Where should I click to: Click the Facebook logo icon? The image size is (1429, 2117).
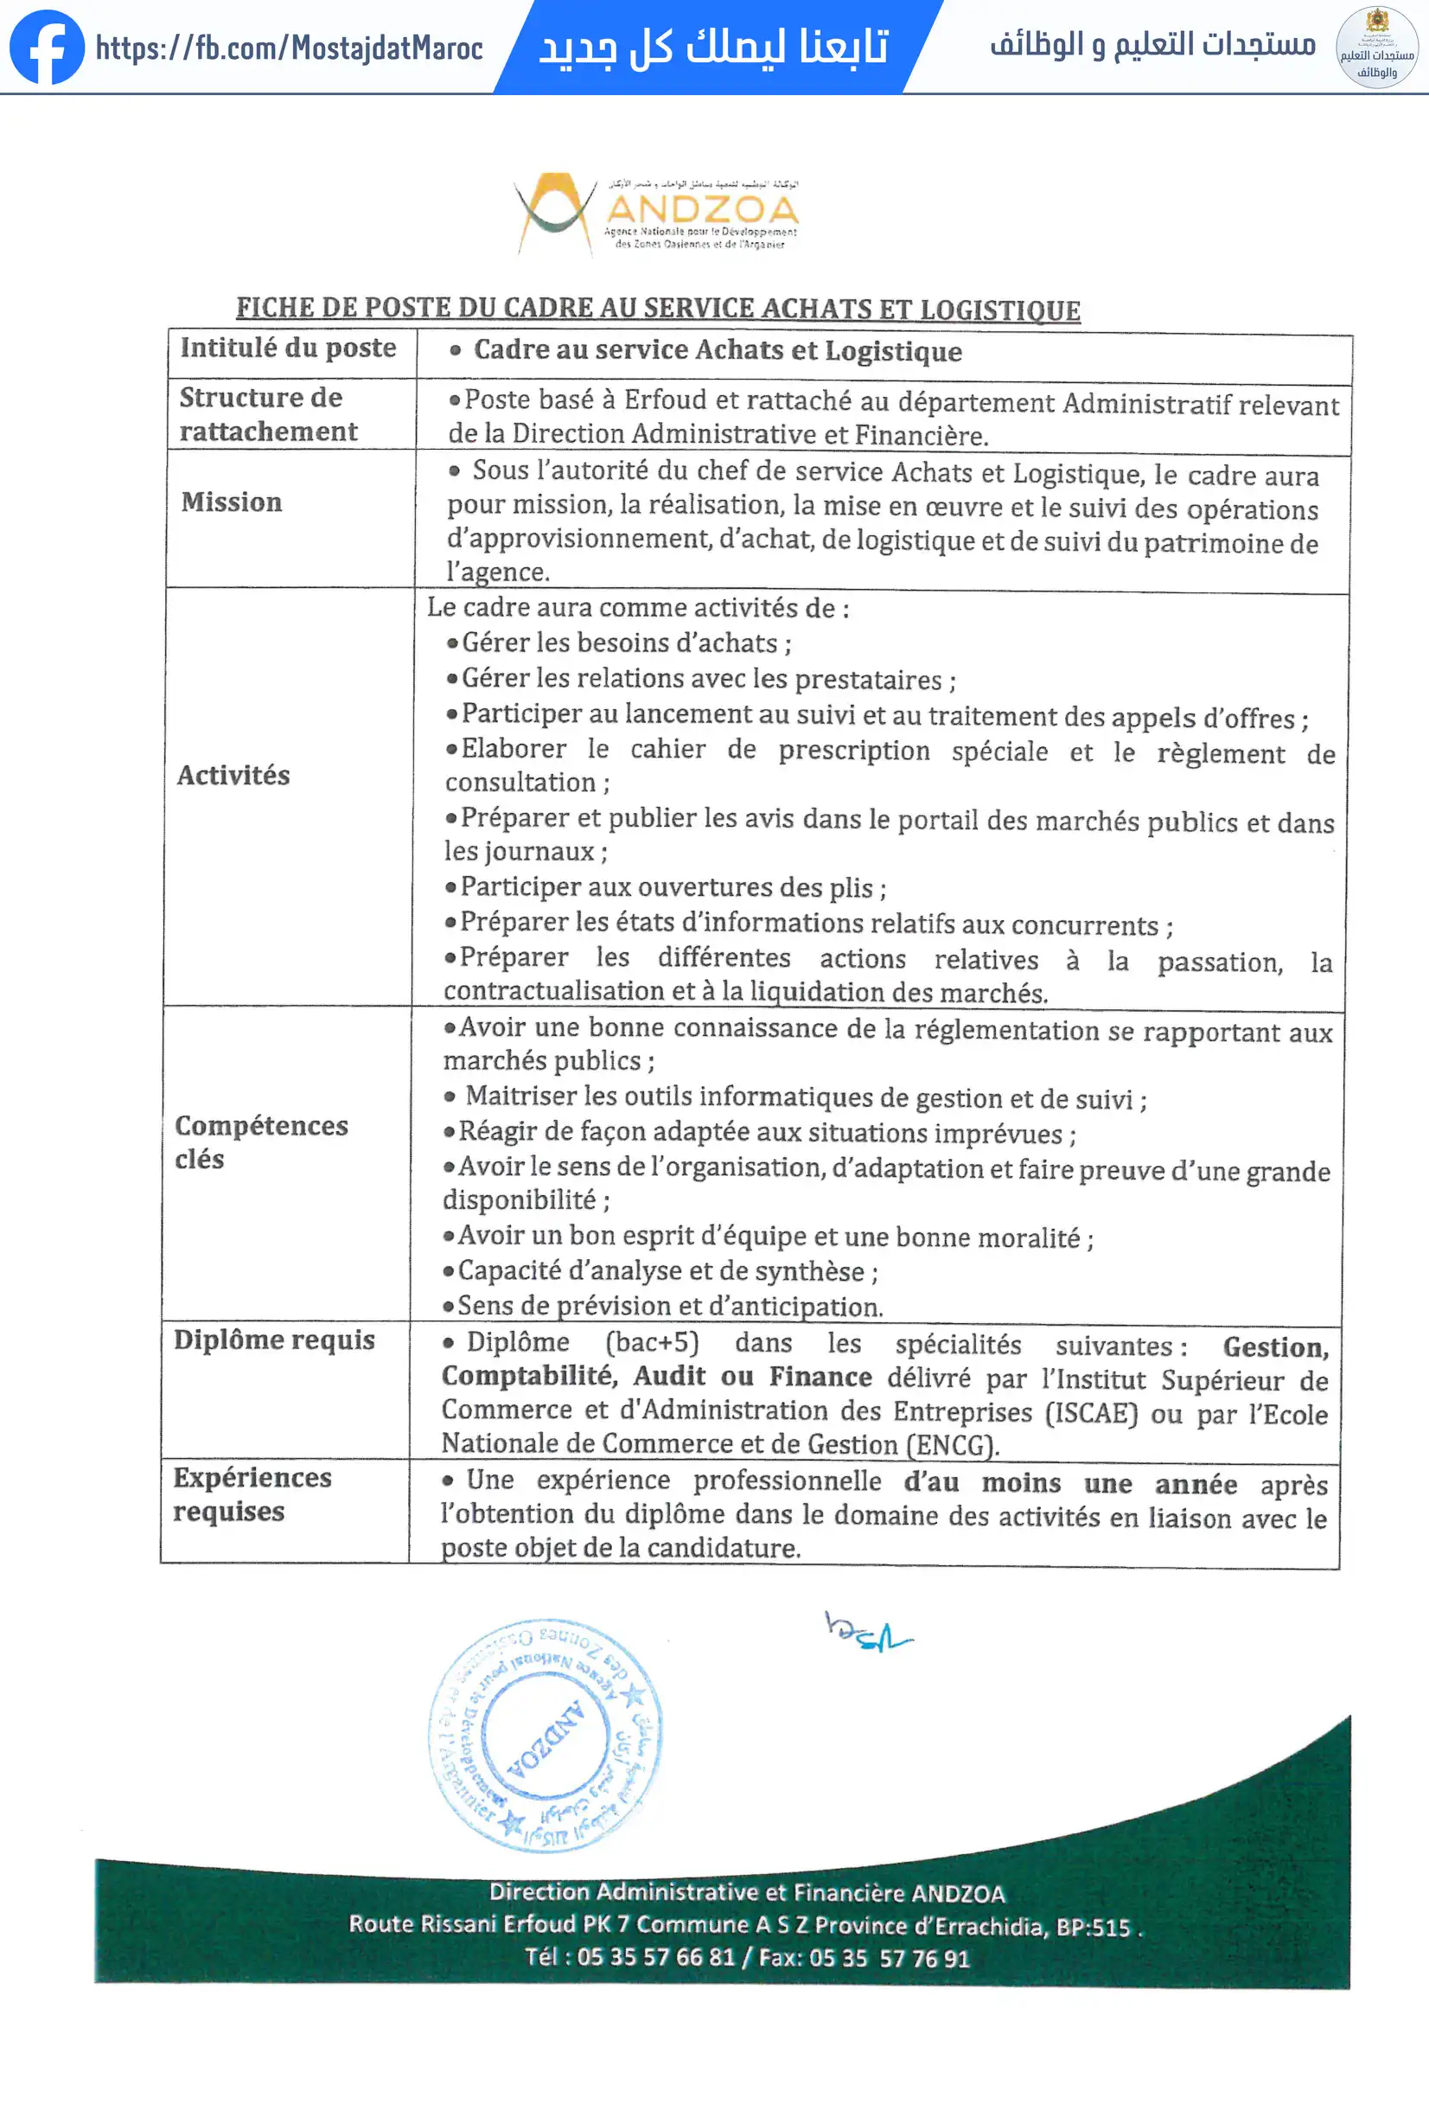[x=47, y=47]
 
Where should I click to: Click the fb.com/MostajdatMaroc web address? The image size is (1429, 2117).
[x=289, y=48]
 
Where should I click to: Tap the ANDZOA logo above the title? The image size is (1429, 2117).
[x=656, y=213]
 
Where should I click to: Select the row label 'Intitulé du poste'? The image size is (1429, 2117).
[x=288, y=348]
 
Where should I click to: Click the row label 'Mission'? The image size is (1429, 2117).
[x=232, y=502]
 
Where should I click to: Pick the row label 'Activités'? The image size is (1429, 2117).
[x=233, y=775]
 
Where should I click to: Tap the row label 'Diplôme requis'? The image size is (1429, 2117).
[x=274, y=1340]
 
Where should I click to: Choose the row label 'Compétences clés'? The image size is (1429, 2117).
[x=260, y=1142]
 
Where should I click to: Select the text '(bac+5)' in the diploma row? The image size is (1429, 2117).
[x=652, y=1344]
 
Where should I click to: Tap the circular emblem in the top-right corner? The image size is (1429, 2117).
[x=1376, y=47]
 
